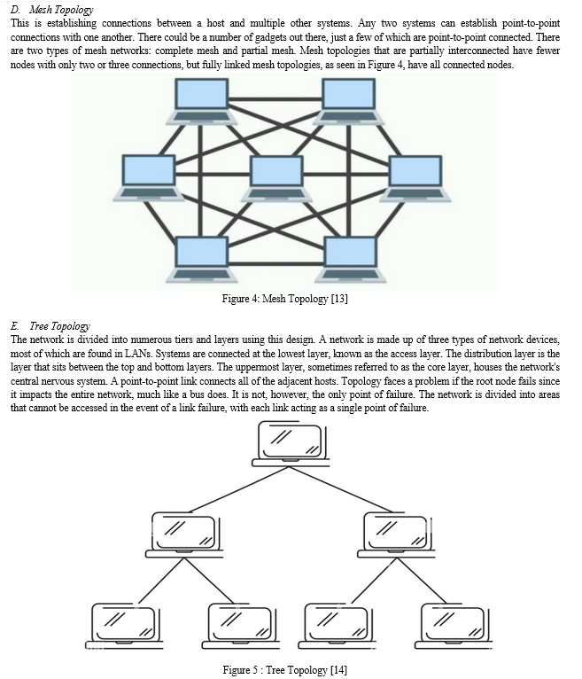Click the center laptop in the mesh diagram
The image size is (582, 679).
[x=276, y=178]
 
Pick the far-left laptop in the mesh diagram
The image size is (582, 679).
[x=149, y=177]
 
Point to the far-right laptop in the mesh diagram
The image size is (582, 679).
[x=415, y=178]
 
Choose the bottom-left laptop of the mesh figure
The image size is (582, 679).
[x=202, y=259]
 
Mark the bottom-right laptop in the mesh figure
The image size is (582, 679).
[x=351, y=259]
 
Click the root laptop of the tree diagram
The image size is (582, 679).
[x=291, y=444]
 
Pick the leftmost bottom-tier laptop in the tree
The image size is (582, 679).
[x=124, y=626]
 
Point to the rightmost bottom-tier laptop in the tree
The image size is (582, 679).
[x=454, y=626]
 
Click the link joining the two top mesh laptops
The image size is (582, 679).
[x=275, y=99]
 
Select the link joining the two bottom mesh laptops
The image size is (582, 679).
[x=276, y=263]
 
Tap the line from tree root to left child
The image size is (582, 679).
[x=239, y=489]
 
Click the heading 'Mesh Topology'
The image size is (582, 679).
[x=61, y=10]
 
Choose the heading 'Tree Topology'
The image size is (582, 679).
[x=59, y=325]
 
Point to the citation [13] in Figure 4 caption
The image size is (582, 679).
[x=339, y=299]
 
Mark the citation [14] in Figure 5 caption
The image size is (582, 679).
[x=338, y=670]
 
